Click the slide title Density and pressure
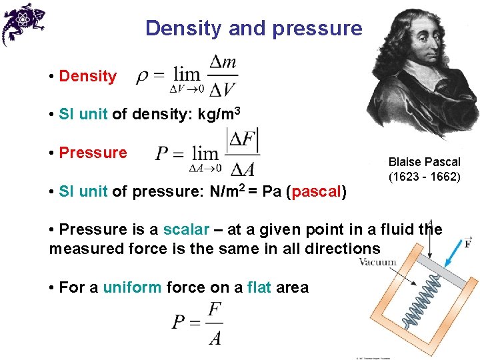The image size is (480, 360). click(253, 28)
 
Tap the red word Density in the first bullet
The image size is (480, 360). click(87, 76)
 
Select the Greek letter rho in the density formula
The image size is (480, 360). click(142, 77)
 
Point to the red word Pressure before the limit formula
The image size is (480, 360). click(93, 153)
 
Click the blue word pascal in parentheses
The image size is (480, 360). click(315, 193)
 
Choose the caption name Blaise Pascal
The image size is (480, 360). click(424, 162)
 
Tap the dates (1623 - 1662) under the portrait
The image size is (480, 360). click(424, 177)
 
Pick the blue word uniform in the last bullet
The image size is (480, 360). click(132, 287)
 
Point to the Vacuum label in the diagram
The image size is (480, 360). click(377, 262)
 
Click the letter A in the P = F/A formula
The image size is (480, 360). click(215, 338)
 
